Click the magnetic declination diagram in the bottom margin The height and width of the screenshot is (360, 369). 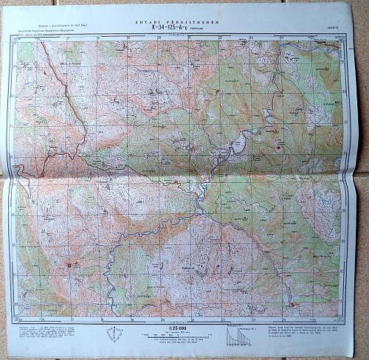coord(113,333)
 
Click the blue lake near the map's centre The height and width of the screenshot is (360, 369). coord(238,145)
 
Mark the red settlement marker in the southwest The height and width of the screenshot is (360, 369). coord(69,263)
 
